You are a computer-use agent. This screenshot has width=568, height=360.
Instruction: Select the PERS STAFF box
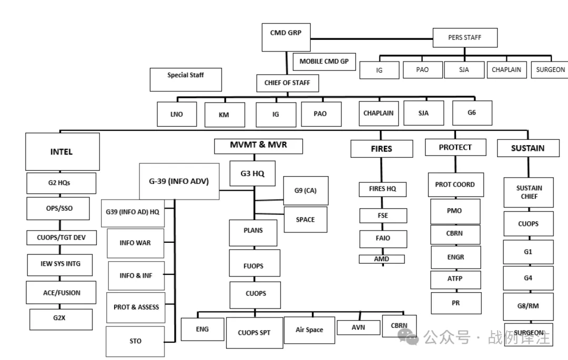(464, 37)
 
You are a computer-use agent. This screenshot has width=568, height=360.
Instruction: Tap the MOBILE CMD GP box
(324, 61)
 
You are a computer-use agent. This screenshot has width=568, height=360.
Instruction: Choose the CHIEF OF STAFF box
(287, 83)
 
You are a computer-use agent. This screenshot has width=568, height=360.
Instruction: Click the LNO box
(177, 114)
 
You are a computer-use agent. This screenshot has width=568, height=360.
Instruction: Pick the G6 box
(472, 112)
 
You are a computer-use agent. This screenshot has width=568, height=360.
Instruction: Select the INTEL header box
(62, 151)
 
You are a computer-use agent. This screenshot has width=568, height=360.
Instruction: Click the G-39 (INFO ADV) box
(179, 181)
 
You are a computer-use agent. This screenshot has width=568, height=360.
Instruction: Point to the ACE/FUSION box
(62, 293)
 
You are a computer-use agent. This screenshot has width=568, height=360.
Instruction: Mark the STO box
(135, 341)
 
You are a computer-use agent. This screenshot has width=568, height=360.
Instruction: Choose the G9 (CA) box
(306, 190)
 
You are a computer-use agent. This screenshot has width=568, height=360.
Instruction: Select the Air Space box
(309, 330)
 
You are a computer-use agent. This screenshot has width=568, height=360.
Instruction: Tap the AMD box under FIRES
(382, 259)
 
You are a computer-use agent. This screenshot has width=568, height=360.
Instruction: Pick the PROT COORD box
(455, 184)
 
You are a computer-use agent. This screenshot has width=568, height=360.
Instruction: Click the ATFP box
(455, 279)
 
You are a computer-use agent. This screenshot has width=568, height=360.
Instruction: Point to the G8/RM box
(528, 306)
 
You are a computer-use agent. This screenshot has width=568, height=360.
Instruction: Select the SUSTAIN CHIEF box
(528, 192)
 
